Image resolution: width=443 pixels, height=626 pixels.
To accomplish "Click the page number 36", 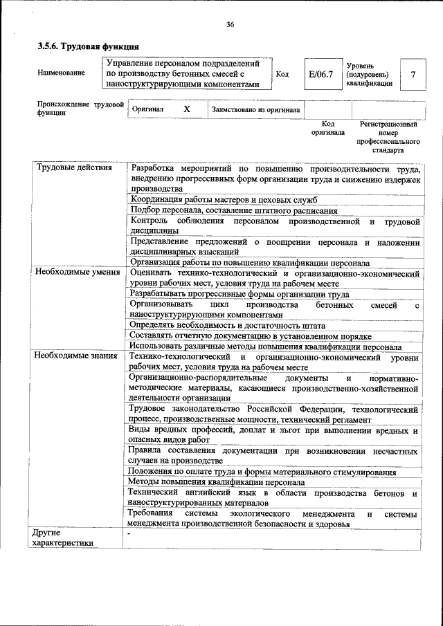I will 230,25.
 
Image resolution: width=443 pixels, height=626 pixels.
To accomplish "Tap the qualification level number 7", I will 413,74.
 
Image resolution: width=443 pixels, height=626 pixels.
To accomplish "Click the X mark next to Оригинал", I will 187,109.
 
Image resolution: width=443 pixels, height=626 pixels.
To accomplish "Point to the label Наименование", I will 62,73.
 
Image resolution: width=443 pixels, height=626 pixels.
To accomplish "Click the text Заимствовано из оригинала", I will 255,109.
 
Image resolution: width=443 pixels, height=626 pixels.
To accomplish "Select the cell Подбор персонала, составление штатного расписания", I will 234,211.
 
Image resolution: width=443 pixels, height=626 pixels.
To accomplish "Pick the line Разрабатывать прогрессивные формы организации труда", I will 239,293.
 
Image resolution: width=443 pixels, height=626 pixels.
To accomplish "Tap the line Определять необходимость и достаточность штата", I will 227,324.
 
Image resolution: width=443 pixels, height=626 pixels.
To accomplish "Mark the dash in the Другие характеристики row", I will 129,533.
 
